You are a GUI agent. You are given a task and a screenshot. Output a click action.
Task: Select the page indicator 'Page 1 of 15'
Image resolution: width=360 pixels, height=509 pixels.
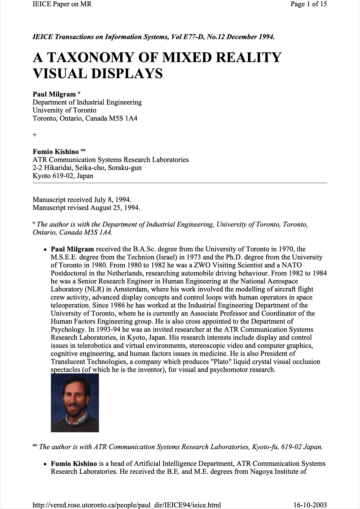[308, 4]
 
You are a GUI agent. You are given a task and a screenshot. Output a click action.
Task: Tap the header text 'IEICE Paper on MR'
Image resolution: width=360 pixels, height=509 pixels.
[62, 4]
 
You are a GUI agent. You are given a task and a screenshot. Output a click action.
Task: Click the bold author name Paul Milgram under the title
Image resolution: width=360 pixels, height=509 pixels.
[54, 94]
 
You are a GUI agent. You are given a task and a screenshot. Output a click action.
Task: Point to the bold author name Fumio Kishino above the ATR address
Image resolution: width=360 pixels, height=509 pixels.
[56, 152]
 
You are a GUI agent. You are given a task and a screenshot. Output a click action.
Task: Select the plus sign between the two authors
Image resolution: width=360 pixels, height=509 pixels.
[35, 135]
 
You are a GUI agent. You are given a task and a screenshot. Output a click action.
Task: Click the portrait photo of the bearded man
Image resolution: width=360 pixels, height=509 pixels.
[75, 403]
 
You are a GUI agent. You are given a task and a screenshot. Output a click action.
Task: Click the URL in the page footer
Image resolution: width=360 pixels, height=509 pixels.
[127, 505]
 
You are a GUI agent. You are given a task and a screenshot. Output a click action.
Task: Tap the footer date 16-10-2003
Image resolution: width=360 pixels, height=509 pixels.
[310, 505]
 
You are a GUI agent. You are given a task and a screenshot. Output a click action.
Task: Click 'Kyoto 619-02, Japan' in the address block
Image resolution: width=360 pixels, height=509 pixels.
[63, 176]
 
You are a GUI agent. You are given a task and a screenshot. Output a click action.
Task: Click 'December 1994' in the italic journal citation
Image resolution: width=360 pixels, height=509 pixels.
[251, 37]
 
